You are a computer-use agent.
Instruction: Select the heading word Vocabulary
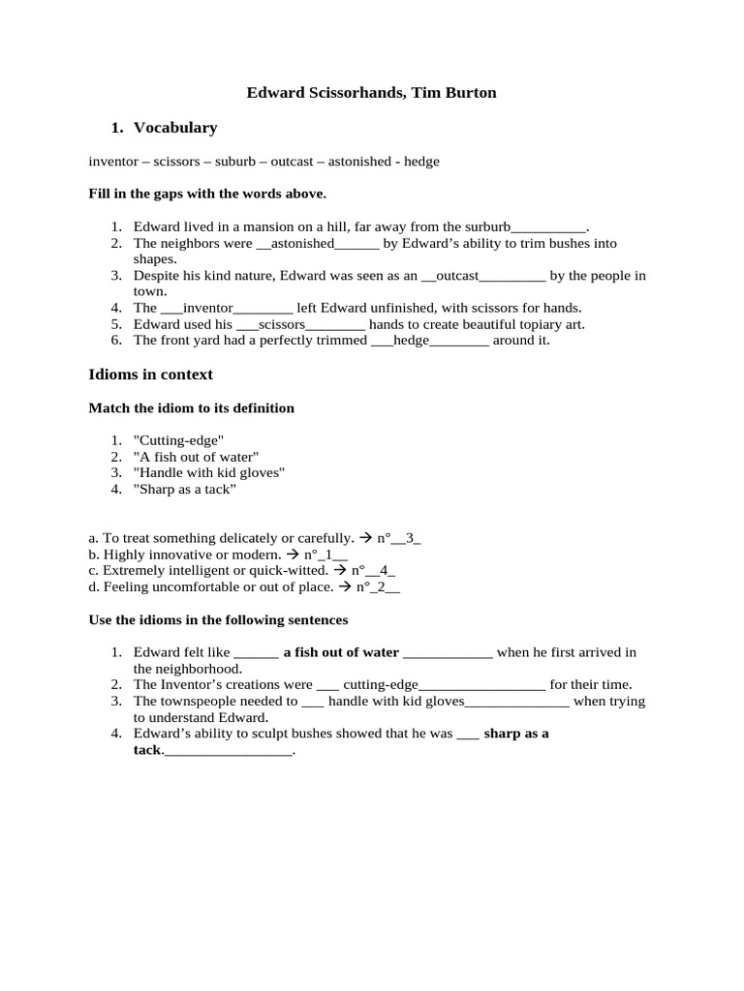click(175, 128)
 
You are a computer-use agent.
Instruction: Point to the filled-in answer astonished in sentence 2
click(302, 243)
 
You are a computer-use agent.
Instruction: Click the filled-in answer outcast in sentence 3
click(457, 276)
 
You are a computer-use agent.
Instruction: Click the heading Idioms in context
click(150, 375)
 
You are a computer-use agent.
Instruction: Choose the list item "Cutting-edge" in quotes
click(177, 440)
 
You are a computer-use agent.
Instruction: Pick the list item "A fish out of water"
click(196, 457)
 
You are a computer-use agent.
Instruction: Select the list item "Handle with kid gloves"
click(208, 472)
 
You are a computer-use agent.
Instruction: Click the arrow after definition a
click(365, 538)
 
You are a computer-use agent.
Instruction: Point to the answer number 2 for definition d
click(385, 587)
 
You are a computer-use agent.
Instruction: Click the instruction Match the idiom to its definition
click(191, 408)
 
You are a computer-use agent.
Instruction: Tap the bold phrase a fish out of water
click(341, 652)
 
